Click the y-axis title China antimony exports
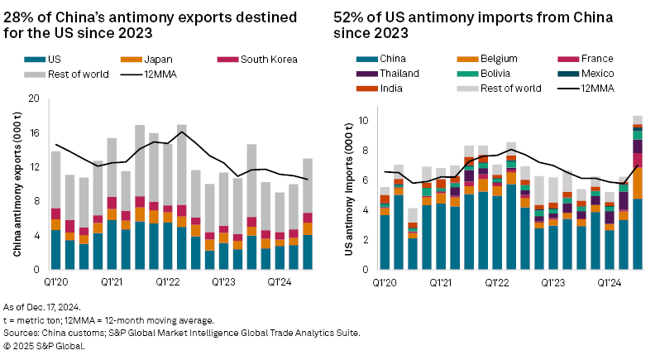(17, 184)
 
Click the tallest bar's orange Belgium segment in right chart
(638, 182)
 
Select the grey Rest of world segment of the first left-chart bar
(55, 180)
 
